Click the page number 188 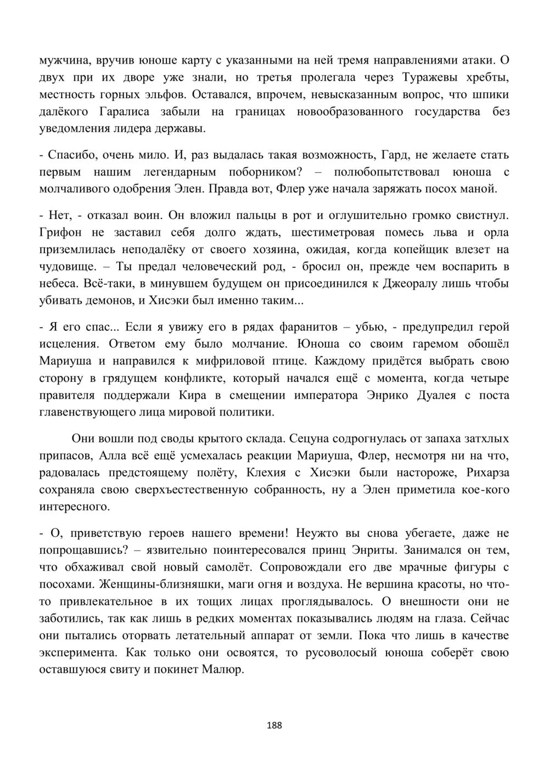[274, 726]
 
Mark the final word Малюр [222, 670]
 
